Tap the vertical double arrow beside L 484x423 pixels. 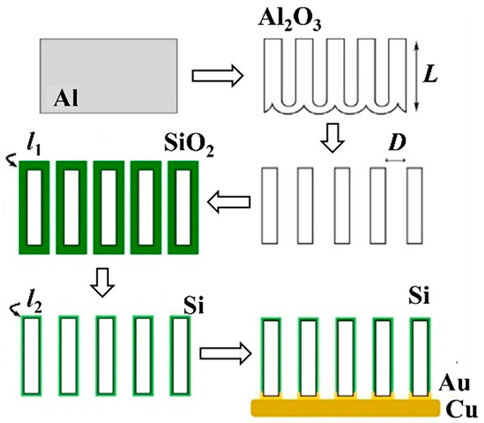[x=415, y=74]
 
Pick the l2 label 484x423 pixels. [x=33, y=305]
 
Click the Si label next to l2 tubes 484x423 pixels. [x=189, y=306]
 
